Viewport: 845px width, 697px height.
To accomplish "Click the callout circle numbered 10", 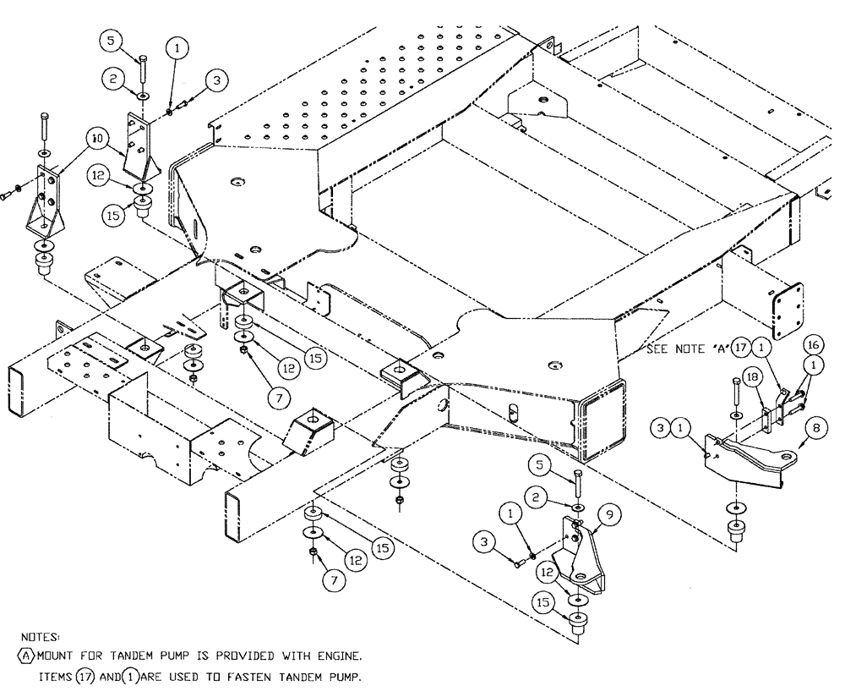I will [97, 135].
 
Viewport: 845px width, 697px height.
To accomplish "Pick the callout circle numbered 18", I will [750, 376].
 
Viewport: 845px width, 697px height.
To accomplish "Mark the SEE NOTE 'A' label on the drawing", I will [687, 348].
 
